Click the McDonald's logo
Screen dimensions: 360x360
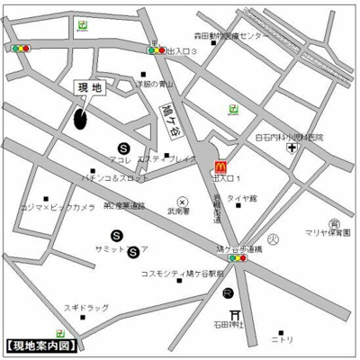(x=220, y=165)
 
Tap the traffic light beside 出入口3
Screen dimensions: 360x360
(x=155, y=51)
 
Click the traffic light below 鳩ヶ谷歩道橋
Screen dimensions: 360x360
(x=238, y=258)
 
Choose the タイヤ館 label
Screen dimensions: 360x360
(x=242, y=198)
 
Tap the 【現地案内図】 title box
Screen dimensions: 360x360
(x=40, y=346)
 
